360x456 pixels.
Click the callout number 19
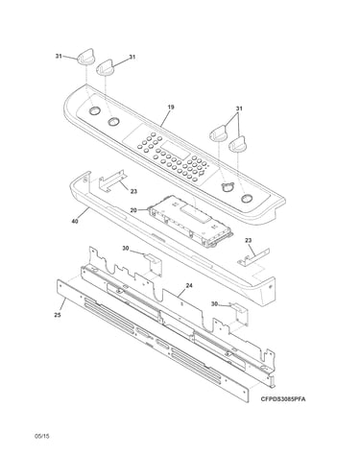click(171, 108)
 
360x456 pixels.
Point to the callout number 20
click(133, 210)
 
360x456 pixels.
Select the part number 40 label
click(75, 221)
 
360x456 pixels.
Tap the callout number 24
click(189, 286)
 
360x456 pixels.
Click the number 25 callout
click(58, 315)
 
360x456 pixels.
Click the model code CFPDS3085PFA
click(283, 399)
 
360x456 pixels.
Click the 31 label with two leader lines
click(239, 108)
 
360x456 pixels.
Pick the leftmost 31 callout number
click(59, 56)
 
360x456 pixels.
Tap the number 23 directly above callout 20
click(133, 191)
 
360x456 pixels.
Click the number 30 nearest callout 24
click(214, 304)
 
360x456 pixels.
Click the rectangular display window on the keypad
click(176, 150)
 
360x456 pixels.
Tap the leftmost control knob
click(85, 58)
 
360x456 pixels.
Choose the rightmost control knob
click(237, 145)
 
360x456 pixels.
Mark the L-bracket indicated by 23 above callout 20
click(110, 180)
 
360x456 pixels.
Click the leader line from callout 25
click(63, 304)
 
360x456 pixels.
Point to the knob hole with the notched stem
click(227, 186)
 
